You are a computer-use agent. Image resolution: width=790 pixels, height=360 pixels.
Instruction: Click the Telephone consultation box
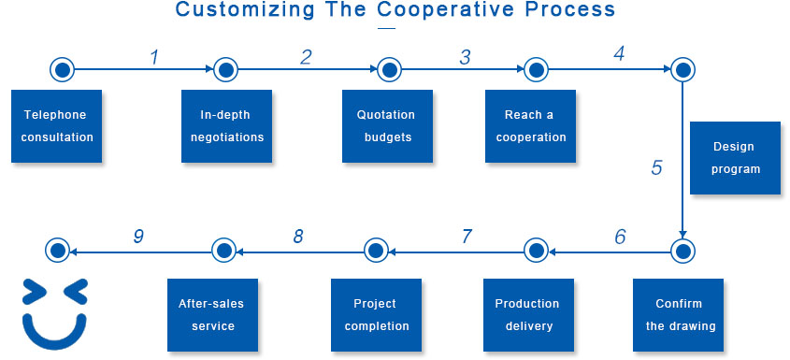click(x=56, y=126)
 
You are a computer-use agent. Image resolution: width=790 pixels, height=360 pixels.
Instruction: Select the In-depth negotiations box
click(x=227, y=126)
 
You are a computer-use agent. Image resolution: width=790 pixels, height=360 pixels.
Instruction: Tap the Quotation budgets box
click(x=387, y=126)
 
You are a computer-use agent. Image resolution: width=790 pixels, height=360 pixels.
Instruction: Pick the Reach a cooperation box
click(x=530, y=126)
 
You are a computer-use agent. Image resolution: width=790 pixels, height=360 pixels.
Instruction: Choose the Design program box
click(x=735, y=158)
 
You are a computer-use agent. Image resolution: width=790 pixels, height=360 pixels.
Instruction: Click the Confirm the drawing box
click(x=678, y=315)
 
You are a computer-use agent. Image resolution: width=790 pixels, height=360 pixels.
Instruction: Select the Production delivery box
click(x=528, y=315)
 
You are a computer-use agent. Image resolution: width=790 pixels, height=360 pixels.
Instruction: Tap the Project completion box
click(x=377, y=315)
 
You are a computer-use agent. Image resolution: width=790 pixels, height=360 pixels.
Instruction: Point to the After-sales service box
click(x=212, y=315)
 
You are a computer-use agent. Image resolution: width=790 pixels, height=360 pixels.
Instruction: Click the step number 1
click(x=155, y=57)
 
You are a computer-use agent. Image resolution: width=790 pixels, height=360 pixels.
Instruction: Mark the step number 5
click(x=656, y=168)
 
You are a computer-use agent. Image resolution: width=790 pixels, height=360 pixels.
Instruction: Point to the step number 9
click(x=139, y=237)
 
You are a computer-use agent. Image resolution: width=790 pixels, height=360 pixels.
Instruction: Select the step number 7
click(x=467, y=237)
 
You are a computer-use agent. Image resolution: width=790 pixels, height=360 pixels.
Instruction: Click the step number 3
click(x=465, y=57)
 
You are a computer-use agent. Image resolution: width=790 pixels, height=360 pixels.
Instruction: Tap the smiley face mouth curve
click(x=54, y=335)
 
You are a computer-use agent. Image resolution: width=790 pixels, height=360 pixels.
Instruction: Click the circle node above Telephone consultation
click(x=62, y=69)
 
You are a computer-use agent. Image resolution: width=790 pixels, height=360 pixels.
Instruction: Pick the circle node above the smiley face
click(x=57, y=250)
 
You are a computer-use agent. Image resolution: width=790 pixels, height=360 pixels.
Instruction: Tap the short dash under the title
click(x=386, y=28)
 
